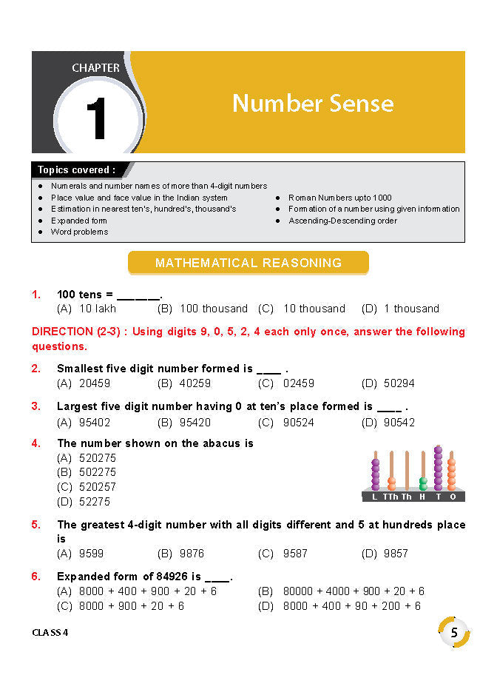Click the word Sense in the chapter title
[x=356, y=103]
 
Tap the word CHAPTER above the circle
[x=95, y=68]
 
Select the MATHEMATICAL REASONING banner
[x=248, y=263]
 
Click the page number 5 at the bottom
[x=454, y=632]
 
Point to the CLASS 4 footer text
[x=55, y=633]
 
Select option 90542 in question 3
[x=399, y=423]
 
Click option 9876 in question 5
[x=192, y=554]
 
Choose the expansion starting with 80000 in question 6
[x=354, y=591]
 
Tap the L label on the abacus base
[x=375, y=497]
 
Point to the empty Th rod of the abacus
[x=407, y=470]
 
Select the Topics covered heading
[x=77, y=170]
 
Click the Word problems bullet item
[x=79, y=232]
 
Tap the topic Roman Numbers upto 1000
[x=339, y=198]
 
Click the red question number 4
[x=35, y=443]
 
